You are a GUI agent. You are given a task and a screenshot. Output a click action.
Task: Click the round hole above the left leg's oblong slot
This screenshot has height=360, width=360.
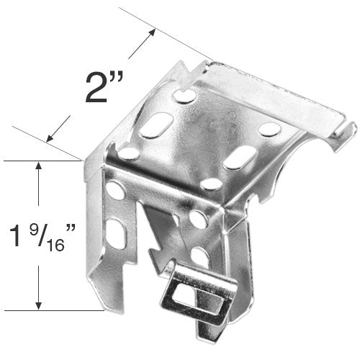click(x=114, y=192)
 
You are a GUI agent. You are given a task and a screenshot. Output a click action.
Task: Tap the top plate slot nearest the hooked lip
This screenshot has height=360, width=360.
click(x=269, y=129)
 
